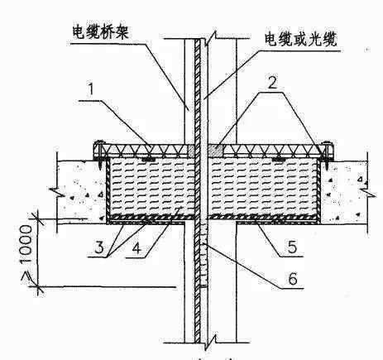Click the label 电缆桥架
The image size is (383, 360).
tap(100, 32)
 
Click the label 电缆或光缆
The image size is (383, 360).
tap(301, 40)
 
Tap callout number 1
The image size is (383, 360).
tap(91, 89)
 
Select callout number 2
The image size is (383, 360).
tap(272, 81)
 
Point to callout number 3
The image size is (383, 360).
tap(99, 247)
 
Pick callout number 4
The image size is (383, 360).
tap(136, 247)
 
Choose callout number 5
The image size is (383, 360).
tap(293, 247)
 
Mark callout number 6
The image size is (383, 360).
tap(293, 278)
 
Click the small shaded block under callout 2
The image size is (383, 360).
tap(215, 151)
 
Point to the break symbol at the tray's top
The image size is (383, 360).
tap(210, 38)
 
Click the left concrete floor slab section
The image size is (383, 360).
tap(82, 191)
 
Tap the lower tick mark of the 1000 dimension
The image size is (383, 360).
tap(37, 287)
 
